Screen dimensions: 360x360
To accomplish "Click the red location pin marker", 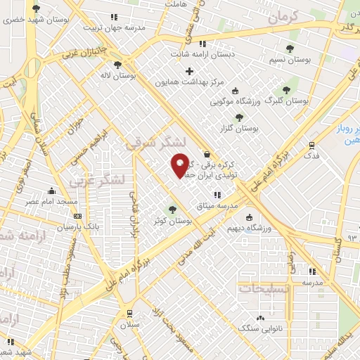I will click(180, 165).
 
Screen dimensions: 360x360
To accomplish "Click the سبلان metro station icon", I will click(129, 314).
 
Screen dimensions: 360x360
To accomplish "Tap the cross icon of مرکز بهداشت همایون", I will click(189, 71).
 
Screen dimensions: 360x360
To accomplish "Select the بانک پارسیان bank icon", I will click(77, 217).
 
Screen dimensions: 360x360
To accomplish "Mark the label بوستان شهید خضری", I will click(36, 20).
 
